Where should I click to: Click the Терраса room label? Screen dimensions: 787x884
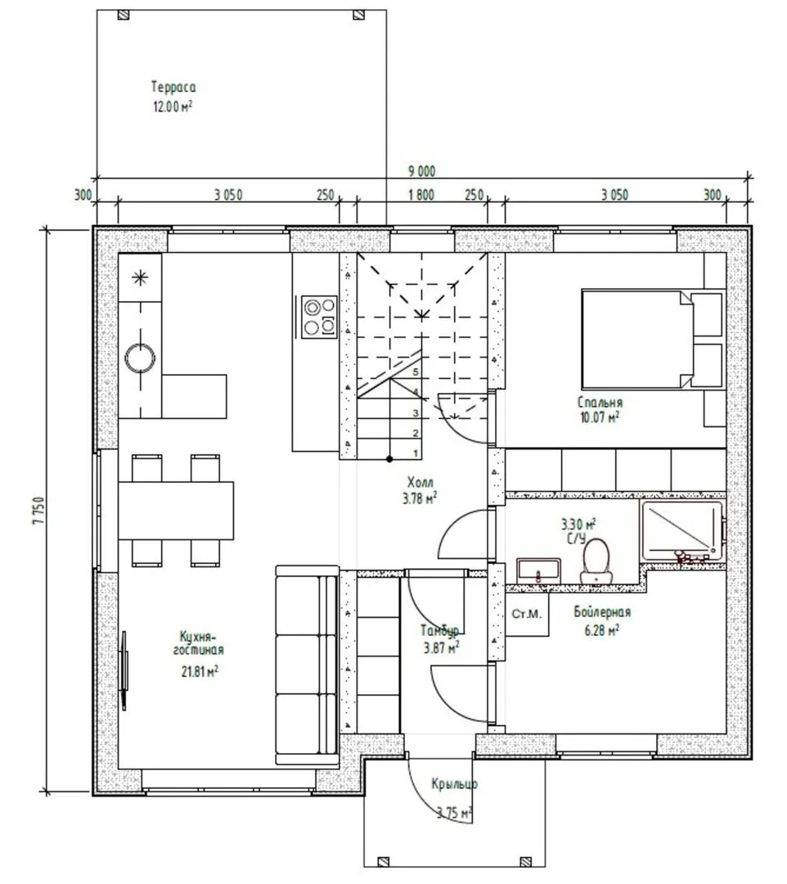[173, 88]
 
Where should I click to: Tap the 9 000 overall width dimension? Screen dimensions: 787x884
[421, 171]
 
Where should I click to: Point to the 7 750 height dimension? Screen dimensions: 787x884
[38, 511]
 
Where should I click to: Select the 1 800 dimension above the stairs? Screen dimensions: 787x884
[421, 195]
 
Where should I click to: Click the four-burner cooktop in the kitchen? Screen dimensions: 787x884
[319, 317]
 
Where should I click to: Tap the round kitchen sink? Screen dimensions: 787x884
[140, 358]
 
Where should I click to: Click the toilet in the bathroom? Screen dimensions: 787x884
[596, 561]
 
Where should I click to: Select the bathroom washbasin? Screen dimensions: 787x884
[538, 570]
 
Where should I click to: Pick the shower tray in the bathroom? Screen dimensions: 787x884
[681, 530]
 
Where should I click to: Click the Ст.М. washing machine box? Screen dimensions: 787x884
[527, 614]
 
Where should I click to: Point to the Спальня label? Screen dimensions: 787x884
[600, 403]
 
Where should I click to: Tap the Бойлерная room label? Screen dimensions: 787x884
[602, 611]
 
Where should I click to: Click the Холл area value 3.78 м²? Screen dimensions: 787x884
[420, 498]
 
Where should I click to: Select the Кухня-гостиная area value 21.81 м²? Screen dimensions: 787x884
[200, 671]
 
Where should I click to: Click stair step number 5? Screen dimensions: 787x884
[416, 372]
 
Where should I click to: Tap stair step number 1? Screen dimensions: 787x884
[416, 453]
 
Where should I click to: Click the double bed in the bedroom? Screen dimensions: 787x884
[652, 338]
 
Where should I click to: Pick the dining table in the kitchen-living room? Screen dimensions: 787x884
[176, 510]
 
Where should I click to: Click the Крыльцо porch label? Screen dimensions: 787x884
[455, 783]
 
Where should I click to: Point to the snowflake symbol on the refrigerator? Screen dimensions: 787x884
[140, 277]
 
